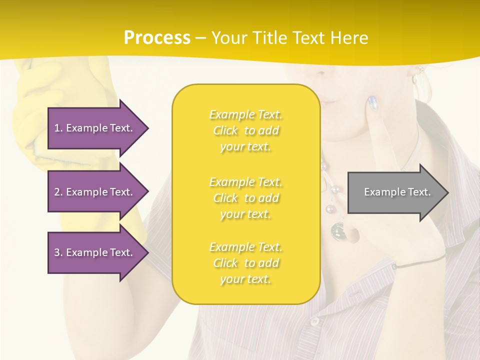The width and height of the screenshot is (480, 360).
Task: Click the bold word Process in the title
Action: (x=157, y=38)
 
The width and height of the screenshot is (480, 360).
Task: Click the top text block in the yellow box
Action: (x=246, y=130)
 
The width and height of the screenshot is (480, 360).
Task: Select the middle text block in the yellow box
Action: (x=246, y=198)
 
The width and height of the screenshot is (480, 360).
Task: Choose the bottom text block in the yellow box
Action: (x=246, y=263)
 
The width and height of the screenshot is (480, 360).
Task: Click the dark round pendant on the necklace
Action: (x=337, y=229)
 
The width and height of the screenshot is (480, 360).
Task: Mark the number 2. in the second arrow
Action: (x=58, y=192)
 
